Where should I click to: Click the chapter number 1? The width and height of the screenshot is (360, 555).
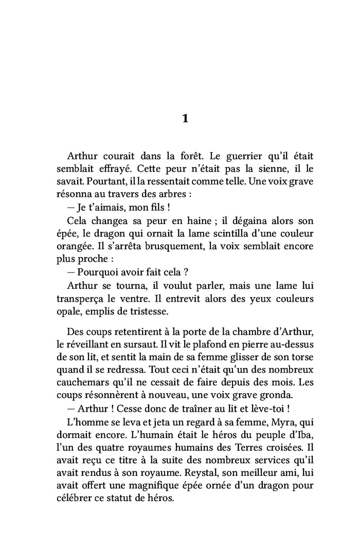tap(186, 119)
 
